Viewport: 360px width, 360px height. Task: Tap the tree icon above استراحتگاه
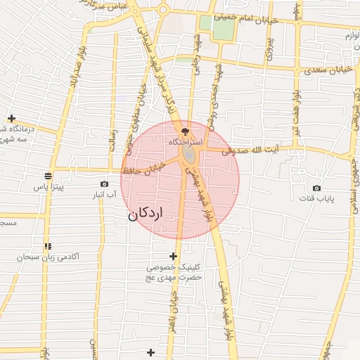tap(185, 131)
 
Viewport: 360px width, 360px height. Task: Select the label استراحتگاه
tap(185, 143)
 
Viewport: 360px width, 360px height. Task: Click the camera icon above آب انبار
tap(105, 184)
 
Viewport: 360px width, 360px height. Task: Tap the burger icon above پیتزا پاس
tap(48, 176)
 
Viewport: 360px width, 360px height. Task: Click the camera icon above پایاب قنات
tap(316, 188)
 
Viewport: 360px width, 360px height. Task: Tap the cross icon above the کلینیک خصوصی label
tap(174, 256)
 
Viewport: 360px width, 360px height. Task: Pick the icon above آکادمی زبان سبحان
tap(48, 246)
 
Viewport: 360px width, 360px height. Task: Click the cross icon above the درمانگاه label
tap(11, 118)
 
